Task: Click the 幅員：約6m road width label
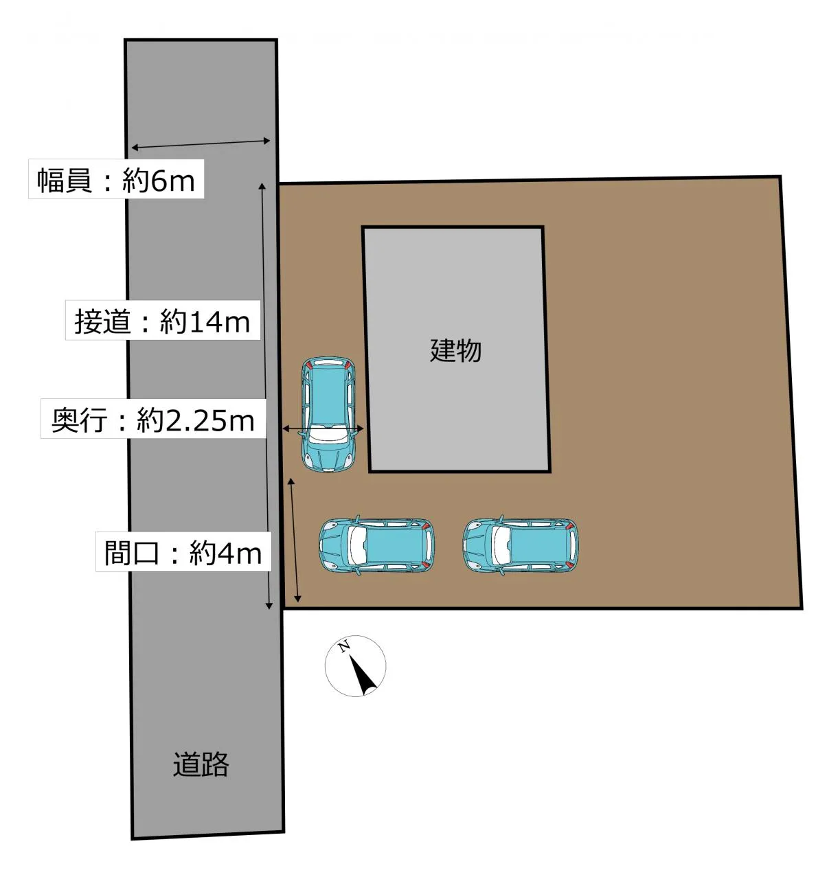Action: click(x=116, y=179)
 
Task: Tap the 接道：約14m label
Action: click(x=163, y=320)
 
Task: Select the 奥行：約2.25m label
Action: click(x=153, y=419)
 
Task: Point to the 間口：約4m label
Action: click(x=183, y=551)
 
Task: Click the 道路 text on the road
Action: click(x=201, y=764)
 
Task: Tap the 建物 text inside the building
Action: click(x=455, y=350)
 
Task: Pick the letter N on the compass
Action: click(x=344, y=646)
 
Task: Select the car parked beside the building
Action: click(x=328, y=415)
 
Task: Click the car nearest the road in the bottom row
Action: click(x=376, y=545)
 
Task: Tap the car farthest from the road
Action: click(x=521, y=545)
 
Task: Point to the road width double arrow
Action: click(x=201, y=144)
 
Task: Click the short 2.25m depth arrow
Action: click(x=323, y=429)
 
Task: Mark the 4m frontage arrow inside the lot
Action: click(x=294, y=540)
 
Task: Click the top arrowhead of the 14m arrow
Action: click(x=262, y=186)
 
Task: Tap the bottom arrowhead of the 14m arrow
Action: click(x=269, y=606)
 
